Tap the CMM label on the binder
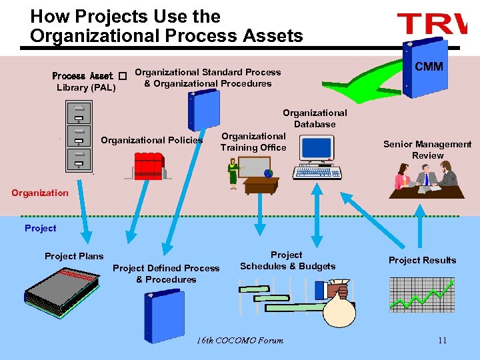pyautogui.click(x=429, y=67)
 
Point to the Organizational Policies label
pyautogui.click(x=151, y=140)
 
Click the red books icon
pyautogui.click(x=148, y=166)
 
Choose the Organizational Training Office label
pyautogui.click(x=253, y=141)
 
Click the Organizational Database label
pyautogui.click(x=315, y=119)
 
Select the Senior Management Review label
pyautogui.click(x=427, y=149)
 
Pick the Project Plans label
pyautogui.click(x=74, y=256)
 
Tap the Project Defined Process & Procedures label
pyautogui.click(x=166, y=273)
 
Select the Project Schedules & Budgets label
pyautogui.click(x=287, y=261)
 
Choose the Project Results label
pyautogui.click(x=422, y=260)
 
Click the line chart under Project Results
pyautogui.click(x=421, y=294)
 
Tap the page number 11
pyautogui.click(x=442, y=341)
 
